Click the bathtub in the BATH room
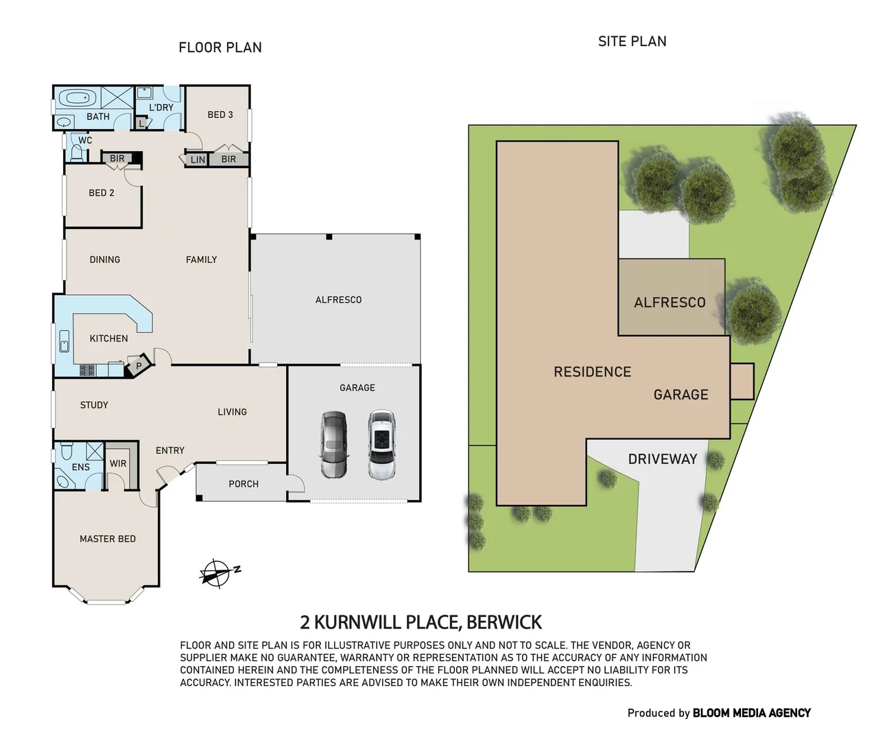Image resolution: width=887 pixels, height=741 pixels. point(79,99)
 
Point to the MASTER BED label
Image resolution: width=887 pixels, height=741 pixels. point(108,539)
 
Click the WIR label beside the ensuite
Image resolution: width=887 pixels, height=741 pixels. point(118,464)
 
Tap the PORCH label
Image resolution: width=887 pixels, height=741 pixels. point(244,484)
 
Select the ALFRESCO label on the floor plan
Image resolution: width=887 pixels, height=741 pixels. point(338,300)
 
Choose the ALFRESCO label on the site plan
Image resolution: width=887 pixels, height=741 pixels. point(670,303)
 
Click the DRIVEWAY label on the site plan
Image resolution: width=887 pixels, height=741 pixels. point(662,459)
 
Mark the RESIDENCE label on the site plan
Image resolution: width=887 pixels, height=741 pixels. point(592,372)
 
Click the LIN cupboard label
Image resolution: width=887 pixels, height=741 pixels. point(198,159)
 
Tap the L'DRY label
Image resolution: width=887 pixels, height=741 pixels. point(161,107)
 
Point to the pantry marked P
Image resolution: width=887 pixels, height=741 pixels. point(139,366)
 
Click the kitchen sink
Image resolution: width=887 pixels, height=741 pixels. point(64,341)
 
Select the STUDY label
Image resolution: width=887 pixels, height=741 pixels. point(94,405)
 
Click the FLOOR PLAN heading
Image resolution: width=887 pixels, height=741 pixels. point(220,47)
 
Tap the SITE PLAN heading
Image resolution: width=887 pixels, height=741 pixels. point(632,41)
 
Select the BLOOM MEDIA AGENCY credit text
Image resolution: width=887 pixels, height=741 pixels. point(751,713)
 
